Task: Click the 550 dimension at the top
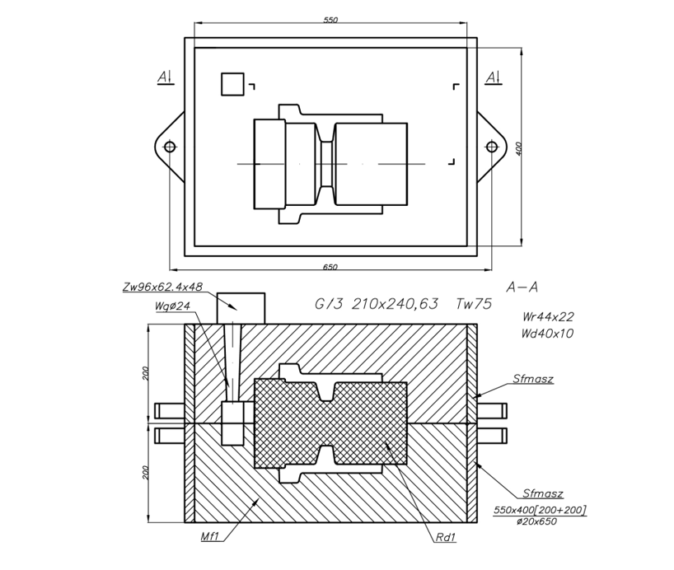(330, 20)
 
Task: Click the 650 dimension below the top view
(330, 268)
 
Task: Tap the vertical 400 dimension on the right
(518, 148)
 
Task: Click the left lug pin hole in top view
(170, 147)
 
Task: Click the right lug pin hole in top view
(492, 147)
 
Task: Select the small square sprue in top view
(232, 84)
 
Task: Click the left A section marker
(166, 77)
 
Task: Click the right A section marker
(493, 77)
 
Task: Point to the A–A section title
(522, 287)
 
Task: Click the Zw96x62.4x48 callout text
(161, 288)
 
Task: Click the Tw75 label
(473, 304)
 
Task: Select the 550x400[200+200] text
(541, 511)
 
